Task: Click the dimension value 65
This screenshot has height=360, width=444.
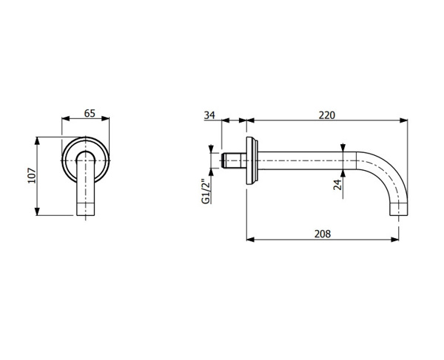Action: pyautogui.click(x=90, y=113)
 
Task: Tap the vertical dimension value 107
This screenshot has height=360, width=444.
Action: pyautogui.click(x=32, y=176)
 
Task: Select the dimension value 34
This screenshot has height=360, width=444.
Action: pyautogui.click(x=209, y=115)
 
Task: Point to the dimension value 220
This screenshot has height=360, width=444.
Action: pyautogui.click(x=327, y=115)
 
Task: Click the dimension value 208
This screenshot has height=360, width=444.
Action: pyautogui.click(x=323, y=234)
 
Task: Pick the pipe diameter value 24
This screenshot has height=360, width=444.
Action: pyautogui.click(x=337, y=185)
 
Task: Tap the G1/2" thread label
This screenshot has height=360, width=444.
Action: pyautogui.click(x=206, y=191)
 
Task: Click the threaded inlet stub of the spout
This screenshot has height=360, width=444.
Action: pyautogui.click(x=234, y=160)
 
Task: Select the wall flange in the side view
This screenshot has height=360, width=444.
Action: pyautogui.click(x=252, y=160)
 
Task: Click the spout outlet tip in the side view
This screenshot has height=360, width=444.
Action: pyautogui.click(x=399, y=209)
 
